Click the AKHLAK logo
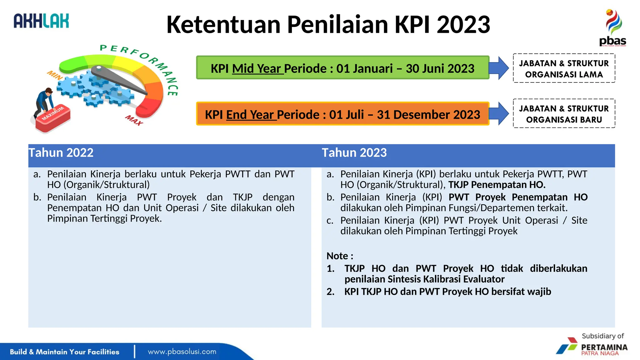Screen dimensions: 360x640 click(x=41, y=21)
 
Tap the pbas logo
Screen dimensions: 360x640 click(x=612, y=28)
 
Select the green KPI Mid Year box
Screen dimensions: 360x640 click(x=342, y=68)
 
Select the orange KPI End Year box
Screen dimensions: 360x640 click(x=342, y=114)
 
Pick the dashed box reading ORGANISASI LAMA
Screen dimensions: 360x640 click(x=564, y=68)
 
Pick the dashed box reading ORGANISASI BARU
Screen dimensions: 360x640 click(x=564, y=114)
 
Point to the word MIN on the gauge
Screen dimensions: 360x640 click(x=55, y=75)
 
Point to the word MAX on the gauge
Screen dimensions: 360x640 click(x=134, y=120)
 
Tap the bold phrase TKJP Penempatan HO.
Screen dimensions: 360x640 click(x=497, y=185)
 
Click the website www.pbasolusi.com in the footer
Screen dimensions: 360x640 click(x=182, y=352)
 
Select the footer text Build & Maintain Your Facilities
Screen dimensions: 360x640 click(x=64, y=352)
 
